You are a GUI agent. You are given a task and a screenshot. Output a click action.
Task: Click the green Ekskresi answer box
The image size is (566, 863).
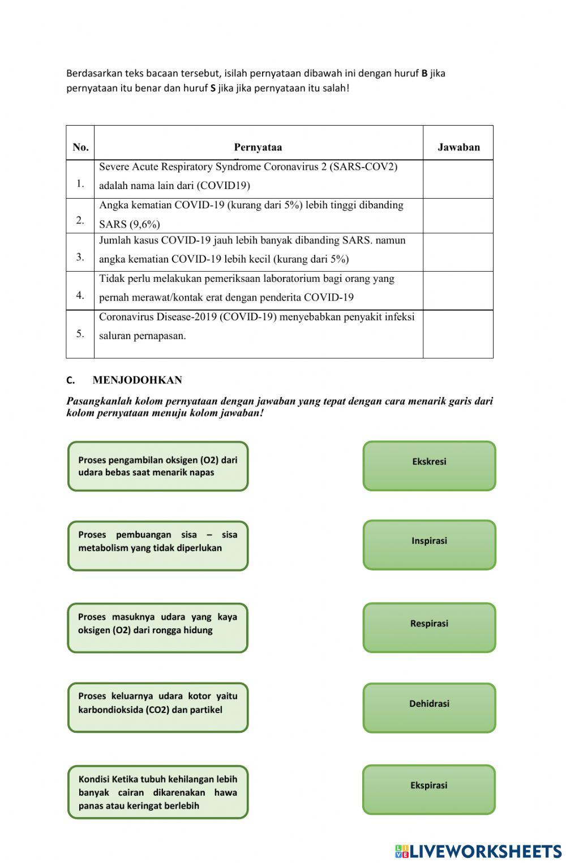coord(429,466)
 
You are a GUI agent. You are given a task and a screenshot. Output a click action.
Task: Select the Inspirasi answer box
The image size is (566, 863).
coord(429,544)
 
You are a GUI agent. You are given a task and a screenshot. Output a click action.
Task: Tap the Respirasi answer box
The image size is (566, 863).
coord(429,627)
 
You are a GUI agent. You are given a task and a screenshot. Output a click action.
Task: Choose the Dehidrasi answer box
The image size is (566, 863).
coord(429,707)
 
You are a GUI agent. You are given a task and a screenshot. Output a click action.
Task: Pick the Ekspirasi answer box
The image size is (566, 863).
coord(429,789)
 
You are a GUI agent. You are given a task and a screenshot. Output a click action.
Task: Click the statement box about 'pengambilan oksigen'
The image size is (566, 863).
coord(158,466)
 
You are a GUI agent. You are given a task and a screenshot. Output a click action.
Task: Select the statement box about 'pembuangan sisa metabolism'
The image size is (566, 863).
coord(158,546)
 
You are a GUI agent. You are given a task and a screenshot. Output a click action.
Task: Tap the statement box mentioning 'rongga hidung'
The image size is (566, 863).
coord(158,628)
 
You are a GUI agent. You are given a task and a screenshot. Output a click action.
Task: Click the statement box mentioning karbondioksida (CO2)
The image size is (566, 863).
coord(158,707)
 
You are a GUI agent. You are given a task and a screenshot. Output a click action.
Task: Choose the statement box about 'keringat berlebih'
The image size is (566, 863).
coord(158,792)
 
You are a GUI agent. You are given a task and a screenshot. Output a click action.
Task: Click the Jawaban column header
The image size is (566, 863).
coord(458,147)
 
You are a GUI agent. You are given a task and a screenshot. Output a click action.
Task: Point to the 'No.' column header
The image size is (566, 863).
coord(80,147)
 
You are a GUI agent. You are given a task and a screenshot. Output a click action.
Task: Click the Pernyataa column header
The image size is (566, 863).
coord(258,147)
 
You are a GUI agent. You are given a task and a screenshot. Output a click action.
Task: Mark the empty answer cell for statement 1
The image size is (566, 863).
coord(458,179)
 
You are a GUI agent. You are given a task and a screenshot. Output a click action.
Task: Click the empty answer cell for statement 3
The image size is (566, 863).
coord(458,252)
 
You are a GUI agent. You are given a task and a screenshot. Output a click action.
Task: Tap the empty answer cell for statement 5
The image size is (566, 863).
coord(458,334)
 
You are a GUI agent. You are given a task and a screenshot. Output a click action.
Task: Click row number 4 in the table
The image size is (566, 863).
coord(80,295)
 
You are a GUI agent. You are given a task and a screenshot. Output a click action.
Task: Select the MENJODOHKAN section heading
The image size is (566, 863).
coord(137,380)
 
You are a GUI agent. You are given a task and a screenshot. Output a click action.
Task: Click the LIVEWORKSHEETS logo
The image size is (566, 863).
coord(478,851)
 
